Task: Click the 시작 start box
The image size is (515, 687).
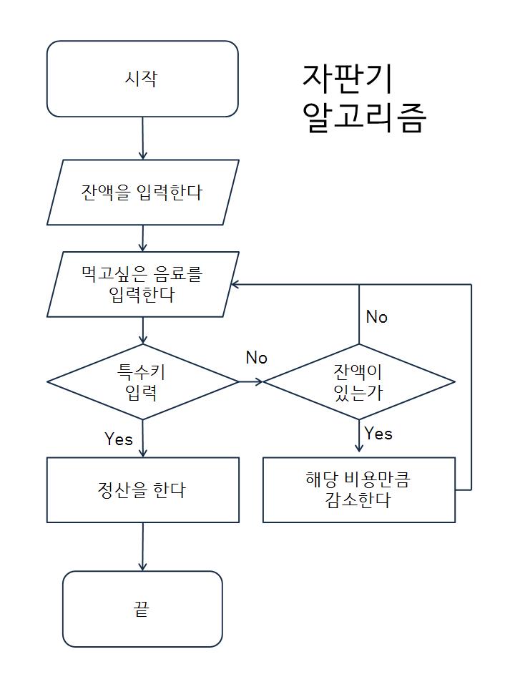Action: [x=142, y=79]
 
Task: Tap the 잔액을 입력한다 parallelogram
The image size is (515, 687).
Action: [x=142, y=192]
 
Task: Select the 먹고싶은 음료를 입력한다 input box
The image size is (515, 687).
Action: [x=142, y=284]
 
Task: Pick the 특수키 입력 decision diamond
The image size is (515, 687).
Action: [x=142, y=381]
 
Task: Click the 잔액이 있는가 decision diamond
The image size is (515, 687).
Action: [x=358, y=381]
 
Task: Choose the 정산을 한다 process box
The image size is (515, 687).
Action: [x=142, y=490]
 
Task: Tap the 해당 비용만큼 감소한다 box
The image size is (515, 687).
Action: [x=358, y=490]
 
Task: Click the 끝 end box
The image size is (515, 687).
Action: [x=142, y=609]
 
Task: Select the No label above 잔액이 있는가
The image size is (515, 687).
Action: [x=376, y=317]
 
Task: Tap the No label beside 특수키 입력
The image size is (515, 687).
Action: [x=256, y=358]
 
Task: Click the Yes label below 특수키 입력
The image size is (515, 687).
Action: [x=119, y=439]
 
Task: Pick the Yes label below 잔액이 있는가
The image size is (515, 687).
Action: [x=378, y=434]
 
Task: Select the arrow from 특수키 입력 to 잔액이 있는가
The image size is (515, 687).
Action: [x=250, y=381]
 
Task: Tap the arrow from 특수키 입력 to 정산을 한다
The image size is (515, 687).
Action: [x=143, y=438]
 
